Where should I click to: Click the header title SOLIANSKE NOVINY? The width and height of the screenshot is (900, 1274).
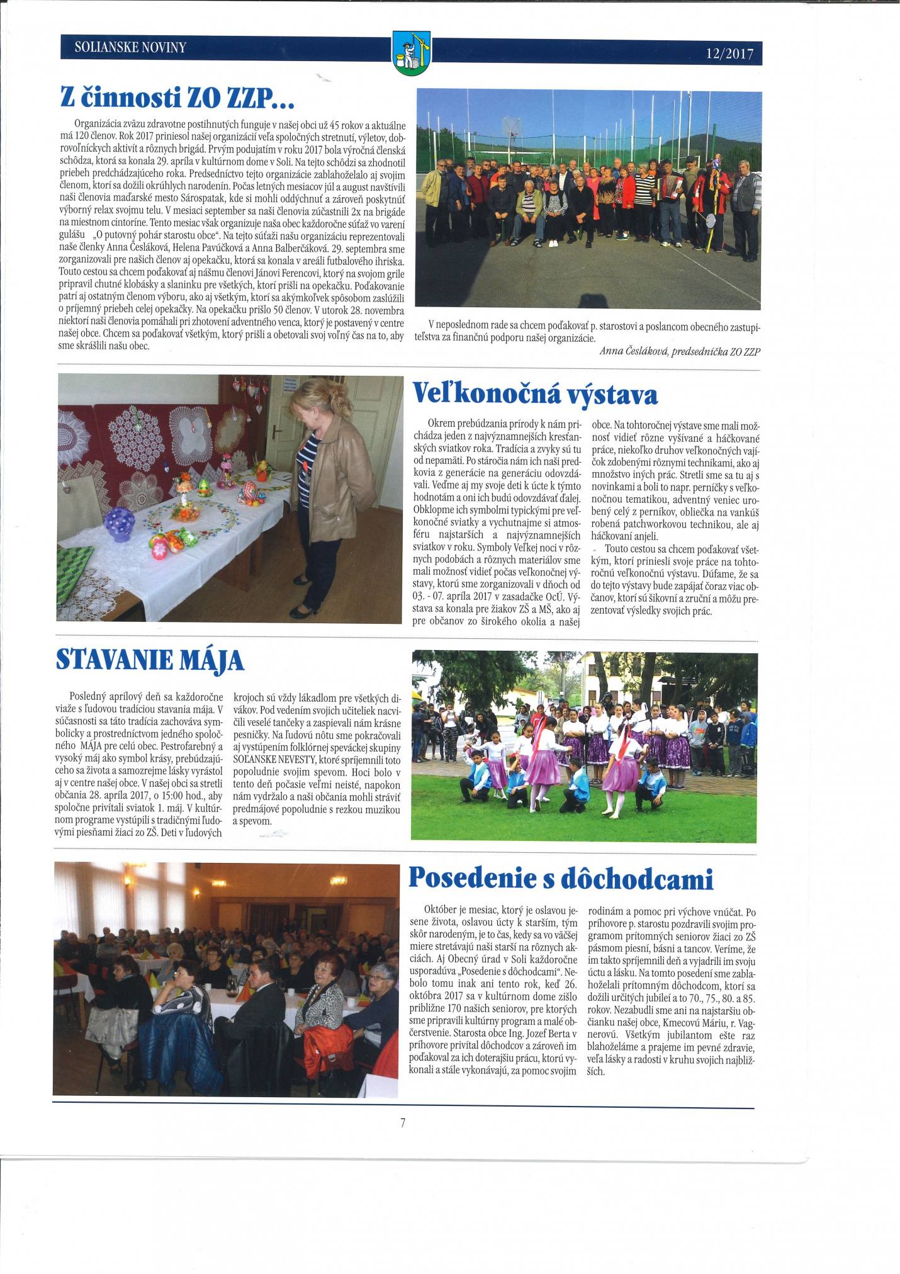[x=130, y=47]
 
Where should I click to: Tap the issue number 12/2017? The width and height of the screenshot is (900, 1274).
[x=729, y=54]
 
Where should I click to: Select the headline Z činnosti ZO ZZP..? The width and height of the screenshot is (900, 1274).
[x=177, y=98]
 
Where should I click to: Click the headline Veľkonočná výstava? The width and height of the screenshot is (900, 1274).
[x=535, y=395]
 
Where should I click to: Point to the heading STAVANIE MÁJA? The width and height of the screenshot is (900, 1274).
[x=150, y=660]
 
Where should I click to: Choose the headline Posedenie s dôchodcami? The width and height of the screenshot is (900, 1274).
[x=561, y=879]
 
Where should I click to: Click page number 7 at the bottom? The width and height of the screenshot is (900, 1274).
[x=402, y=1122]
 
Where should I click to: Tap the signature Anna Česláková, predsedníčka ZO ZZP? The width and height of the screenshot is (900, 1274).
[x=680, y=351]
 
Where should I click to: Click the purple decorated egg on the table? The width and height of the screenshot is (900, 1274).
[x=120, y=524]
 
